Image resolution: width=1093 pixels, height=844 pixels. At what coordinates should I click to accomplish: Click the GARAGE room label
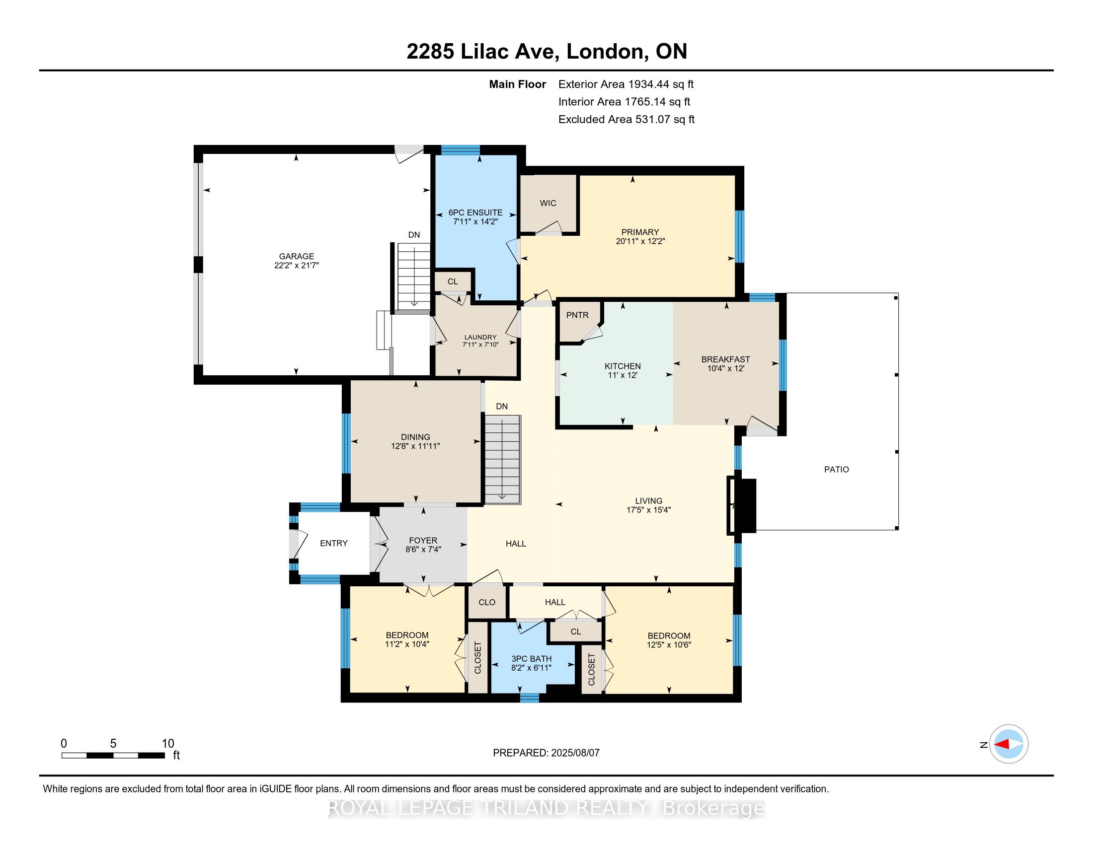coord(297,257)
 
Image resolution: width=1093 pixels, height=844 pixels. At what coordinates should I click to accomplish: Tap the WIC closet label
coord(548,203)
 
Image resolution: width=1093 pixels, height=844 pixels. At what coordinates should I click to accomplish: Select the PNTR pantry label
coord(577,315)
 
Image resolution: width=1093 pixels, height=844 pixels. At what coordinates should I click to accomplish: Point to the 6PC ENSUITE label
coord(475,212)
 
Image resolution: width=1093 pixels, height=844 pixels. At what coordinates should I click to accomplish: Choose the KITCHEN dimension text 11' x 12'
coord(623,375)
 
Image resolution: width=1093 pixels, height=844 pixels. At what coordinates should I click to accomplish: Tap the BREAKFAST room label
coord(726,359)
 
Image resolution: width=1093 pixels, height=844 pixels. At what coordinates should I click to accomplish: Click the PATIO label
coord(837,470)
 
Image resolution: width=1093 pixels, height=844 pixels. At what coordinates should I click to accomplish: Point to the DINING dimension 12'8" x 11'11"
coord(415,446)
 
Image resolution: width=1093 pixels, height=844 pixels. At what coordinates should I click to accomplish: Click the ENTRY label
coord(334,543)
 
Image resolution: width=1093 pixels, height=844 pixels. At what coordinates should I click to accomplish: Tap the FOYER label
coord(423,541)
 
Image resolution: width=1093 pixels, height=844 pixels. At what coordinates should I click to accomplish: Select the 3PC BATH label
coord(532,659)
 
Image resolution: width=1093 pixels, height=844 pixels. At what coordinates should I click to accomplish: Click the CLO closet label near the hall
coord(487,603)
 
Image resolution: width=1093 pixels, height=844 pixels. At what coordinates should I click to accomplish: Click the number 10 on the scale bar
coord(168,744)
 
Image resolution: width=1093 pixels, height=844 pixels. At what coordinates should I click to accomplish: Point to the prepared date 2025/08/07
coord(575,753)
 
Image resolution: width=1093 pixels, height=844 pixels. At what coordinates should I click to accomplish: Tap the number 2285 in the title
coord(430,52)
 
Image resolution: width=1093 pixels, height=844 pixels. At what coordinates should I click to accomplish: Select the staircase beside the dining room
coord(502,460)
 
